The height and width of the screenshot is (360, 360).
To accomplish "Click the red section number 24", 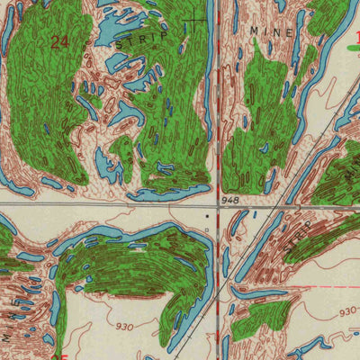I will tap(60, 41).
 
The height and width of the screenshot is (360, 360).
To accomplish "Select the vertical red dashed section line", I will tap(219, 108).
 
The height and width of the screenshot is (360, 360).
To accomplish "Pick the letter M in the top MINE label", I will tap(255, 30).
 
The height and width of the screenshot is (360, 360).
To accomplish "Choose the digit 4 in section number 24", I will tap(65, 41).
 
